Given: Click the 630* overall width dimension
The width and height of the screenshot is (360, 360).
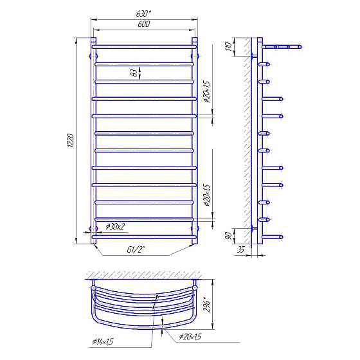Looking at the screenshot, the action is [x=143, y=14].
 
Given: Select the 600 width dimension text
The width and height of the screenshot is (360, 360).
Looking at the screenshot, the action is [x=144, y=24].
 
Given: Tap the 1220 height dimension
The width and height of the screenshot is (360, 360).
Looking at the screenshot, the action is [x=71, y=141].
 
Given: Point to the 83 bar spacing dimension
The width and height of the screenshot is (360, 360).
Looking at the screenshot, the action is [x=135, y=72].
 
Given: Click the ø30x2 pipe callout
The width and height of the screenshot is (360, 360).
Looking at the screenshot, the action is [x=115, y=227].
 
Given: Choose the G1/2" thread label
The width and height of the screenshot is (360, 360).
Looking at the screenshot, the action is [x=136, y=249].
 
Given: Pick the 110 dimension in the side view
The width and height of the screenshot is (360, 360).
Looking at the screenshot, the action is [x=229, y=47].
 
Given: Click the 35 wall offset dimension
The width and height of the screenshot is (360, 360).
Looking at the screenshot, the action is [x=240, y=249].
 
